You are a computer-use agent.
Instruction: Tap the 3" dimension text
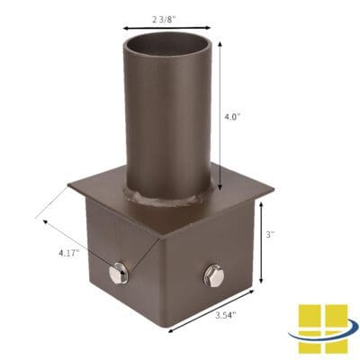269,234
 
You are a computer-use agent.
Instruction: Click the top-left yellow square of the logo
311,317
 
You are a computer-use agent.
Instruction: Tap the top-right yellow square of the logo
335,317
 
